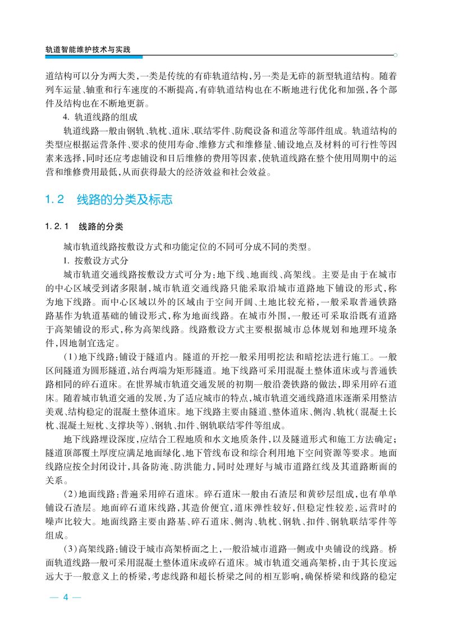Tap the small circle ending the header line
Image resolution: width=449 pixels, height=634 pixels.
pyautogui.click(x=396, y=56)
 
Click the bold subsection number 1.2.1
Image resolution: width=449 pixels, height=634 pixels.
pyautogui.click(x=57, y=227)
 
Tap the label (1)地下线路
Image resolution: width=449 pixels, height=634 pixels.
pyautogui.click(x=85, y=356)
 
